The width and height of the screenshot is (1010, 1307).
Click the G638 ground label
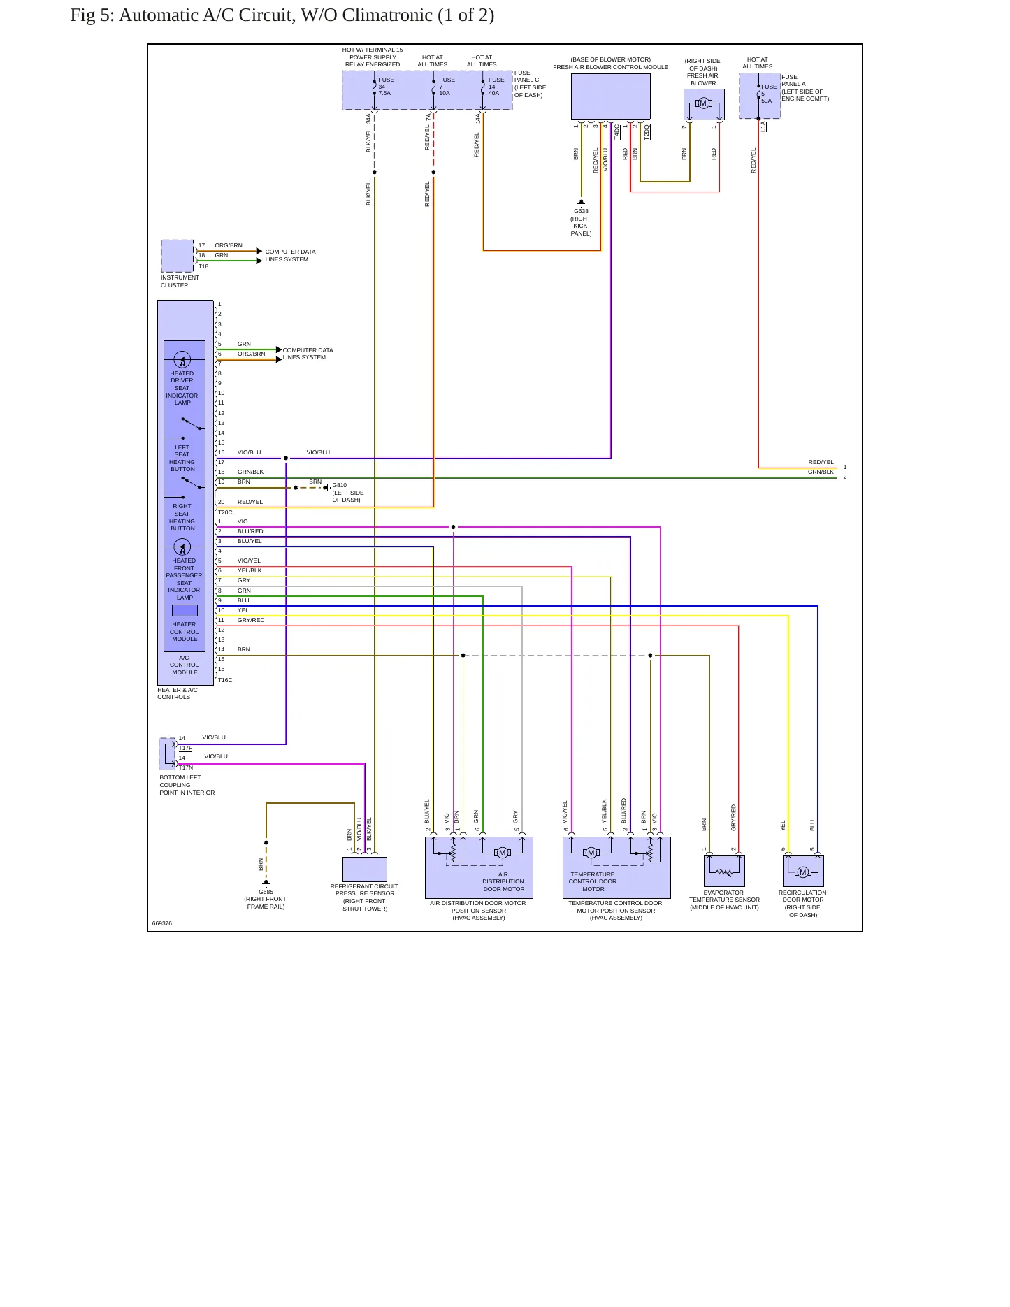(x=582, y=211)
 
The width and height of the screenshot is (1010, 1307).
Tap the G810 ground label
(x=340, y=485)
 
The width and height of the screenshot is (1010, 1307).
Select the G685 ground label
(x=266, y=892)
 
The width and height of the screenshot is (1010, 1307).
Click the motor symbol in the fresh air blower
(x=704, y=103)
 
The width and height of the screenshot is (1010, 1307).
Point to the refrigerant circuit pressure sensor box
(x=365, y=869)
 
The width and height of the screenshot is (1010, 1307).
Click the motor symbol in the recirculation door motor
(x=803, y=872)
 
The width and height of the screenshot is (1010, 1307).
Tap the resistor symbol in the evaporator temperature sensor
(x=725, y=872)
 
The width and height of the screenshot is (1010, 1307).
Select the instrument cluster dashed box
(x=178, y=256)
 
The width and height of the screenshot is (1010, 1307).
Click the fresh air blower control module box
(x=611, y=96)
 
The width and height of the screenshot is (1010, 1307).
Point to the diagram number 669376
(x=162, y=923)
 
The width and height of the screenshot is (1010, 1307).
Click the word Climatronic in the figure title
(x=387, y=15)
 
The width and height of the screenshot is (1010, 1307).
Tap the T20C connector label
(x=225, y=512)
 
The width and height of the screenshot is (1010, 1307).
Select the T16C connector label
(x=225, y=680)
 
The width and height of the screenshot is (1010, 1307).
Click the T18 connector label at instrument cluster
(x=203, y=266)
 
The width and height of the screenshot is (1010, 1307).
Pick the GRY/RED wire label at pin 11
(x=251, y=620)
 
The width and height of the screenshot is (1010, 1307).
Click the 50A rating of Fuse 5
(x=767, y=101)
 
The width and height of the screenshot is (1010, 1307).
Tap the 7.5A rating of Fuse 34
(x=384, y=93)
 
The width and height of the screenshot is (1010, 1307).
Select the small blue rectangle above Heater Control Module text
(x=185, y=610)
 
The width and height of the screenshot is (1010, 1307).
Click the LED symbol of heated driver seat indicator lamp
(x=182, y=361)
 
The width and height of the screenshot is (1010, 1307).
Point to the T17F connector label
(x=185, y=748)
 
